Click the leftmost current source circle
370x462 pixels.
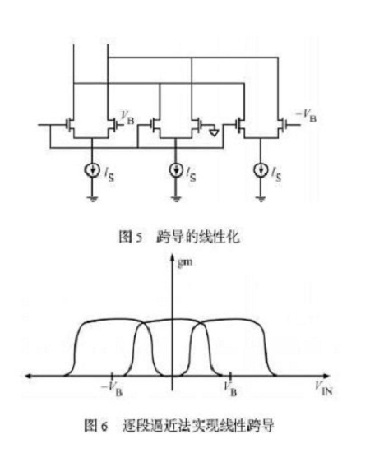(92, 169)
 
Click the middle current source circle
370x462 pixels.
(176, 169)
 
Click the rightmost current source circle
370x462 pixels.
(261, 169)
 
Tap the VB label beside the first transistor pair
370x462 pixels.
(127, 118)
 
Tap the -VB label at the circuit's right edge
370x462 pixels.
(306, 115)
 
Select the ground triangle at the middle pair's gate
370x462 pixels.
(214, 132)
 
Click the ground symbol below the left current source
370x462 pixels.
(92, 199)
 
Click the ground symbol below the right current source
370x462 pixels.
(261, 199)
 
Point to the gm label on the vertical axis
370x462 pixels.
(185, 262)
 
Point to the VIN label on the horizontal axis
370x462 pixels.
(324, 388)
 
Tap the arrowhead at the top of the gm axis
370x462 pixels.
(173, 258)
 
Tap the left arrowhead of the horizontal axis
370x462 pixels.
(28, 376)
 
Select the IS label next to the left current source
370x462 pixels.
(109, 173)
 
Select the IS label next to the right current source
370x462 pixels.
(276, 173)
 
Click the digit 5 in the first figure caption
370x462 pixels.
(139, 238)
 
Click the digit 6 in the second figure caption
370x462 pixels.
(104, 427)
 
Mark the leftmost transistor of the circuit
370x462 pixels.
(70, 125)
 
